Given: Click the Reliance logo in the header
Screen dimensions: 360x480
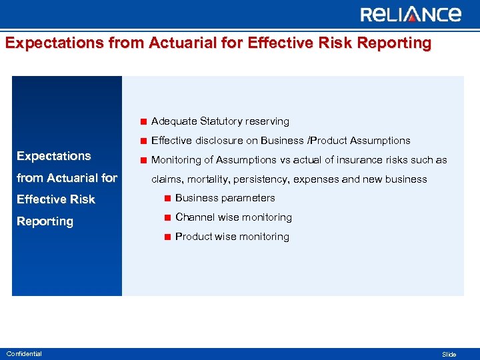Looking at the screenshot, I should point(410,15).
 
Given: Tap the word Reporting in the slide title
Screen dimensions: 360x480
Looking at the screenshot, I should point(395,43).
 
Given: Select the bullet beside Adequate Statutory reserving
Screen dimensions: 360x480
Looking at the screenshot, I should point(143,121).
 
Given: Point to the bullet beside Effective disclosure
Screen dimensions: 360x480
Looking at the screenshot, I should point(143,141).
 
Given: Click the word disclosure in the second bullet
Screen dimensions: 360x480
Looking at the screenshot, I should point(227,141).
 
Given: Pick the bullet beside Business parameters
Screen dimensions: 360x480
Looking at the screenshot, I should point(167,198).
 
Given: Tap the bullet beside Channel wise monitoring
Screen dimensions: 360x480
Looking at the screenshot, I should point(167,217).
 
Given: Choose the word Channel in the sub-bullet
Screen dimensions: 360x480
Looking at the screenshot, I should point(193,217).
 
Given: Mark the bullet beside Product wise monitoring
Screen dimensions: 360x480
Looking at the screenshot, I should point(167,237).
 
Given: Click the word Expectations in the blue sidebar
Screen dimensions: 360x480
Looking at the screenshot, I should point(54,156).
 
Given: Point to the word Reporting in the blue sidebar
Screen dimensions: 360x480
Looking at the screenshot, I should point(45,221).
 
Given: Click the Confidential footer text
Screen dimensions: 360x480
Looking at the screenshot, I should point(24,354).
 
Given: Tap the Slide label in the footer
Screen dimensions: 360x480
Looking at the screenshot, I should point(449,355).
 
